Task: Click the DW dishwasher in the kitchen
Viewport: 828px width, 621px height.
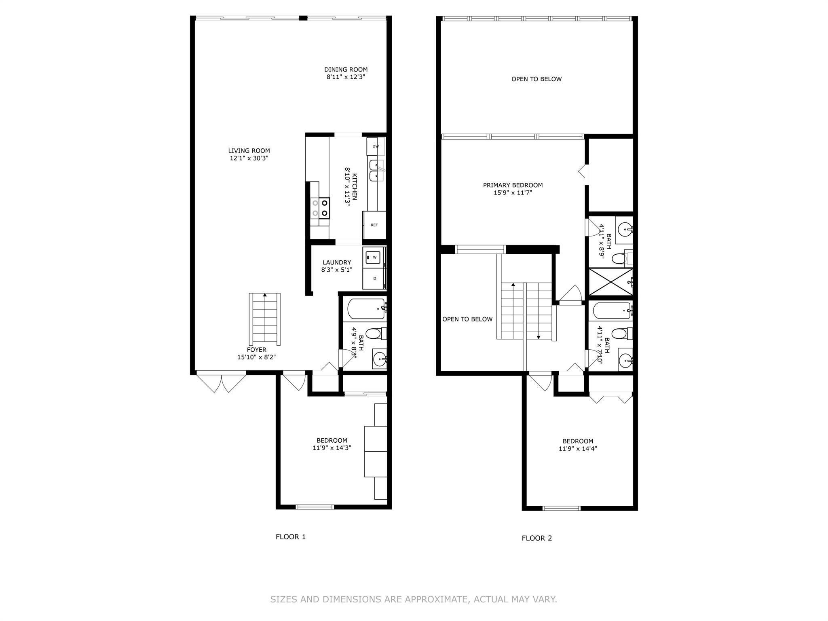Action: point(376,146)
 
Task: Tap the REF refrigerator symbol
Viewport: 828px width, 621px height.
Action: point(374,225)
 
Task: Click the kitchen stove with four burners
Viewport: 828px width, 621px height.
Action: point(320,208)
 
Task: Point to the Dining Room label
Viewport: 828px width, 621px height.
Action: point(346,70)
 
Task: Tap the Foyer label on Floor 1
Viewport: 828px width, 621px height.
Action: point(257,350)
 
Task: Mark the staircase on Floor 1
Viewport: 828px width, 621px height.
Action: point(264,318)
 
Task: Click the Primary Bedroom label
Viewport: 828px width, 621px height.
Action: point(513,185)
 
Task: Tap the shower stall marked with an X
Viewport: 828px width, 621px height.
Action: point(610,282)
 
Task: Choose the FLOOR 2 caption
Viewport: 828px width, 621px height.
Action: point(537,538)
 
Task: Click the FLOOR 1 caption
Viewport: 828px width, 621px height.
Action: point(291,537)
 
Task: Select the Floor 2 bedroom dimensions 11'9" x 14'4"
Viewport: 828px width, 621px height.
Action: point(578,448)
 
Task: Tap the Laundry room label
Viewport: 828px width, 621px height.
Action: point(337,262)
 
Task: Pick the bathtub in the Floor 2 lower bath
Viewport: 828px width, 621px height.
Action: point(611,311)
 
